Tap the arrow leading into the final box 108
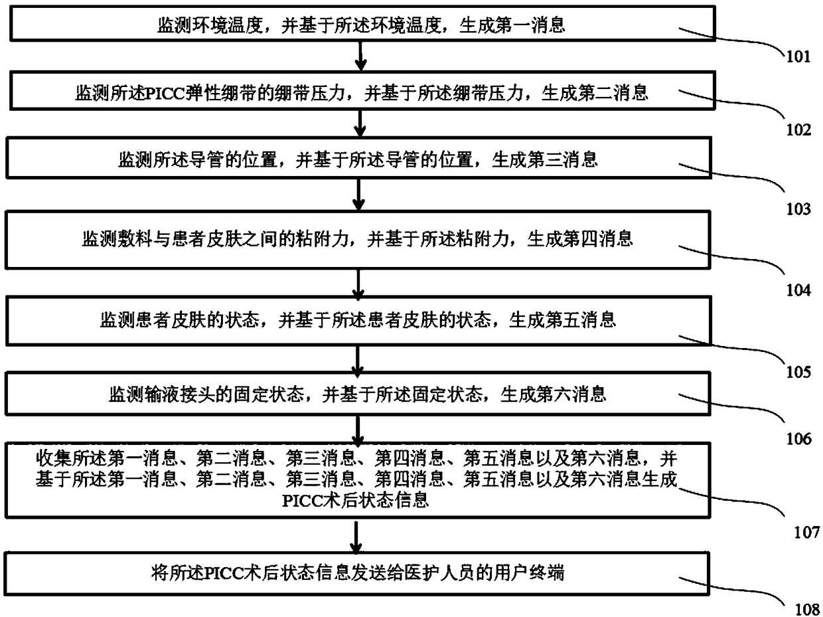pos(358,535)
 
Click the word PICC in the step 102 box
pos(155,95)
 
